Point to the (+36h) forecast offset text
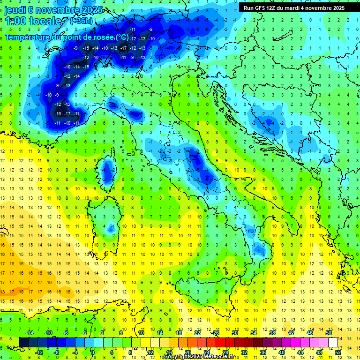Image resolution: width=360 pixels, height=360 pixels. point(81,21)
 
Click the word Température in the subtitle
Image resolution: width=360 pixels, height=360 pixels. point(28,37)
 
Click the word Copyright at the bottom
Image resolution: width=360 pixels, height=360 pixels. point(177,357)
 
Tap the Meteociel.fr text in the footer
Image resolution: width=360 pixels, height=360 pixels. point(222,357)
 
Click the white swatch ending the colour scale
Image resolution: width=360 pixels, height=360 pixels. point(333,342)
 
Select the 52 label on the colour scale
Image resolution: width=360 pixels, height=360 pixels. point(338,352)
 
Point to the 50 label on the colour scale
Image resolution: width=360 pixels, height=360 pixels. point(329,333)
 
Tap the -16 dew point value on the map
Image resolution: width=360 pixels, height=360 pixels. point(58,114)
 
